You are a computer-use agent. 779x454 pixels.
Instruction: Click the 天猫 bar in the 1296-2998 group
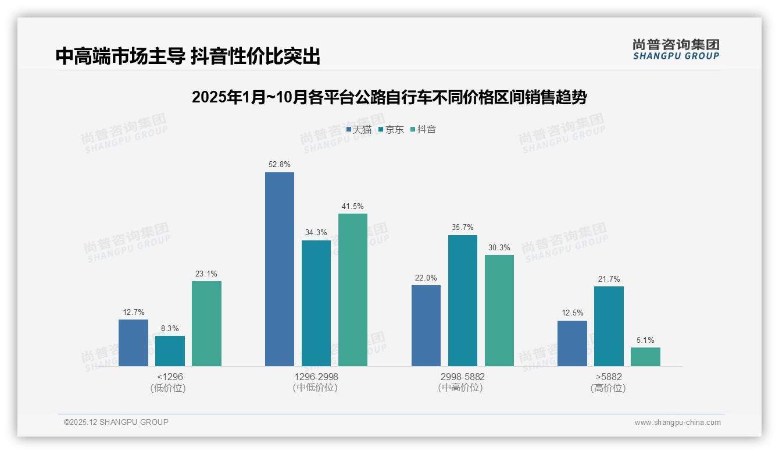[280, 269]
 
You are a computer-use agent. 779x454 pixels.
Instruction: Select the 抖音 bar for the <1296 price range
[206, 324]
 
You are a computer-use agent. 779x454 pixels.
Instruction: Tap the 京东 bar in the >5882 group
[609, 326]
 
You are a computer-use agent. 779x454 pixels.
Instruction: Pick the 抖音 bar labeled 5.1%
[645, 357]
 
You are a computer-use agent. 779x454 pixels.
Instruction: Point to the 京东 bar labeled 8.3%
[170, 351]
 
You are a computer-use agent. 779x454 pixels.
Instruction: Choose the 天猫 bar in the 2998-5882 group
[426, 325]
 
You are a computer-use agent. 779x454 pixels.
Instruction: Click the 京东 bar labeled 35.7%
[462, 300]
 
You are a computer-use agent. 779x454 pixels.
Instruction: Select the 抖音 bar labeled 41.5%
[353, 290]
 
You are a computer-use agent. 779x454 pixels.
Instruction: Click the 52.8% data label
[279, 165]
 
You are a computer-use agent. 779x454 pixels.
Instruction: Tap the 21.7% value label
[609, 279]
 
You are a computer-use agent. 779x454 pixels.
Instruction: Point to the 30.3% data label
[499, 248]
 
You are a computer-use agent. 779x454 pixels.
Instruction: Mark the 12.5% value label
[572, 313]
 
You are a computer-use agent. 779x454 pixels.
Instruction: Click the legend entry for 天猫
[359, 129]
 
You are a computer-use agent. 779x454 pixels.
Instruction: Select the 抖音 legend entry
[423, 129]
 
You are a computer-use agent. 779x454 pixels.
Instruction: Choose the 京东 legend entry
[391, 129]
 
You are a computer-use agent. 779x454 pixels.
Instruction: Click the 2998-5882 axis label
[462, 377]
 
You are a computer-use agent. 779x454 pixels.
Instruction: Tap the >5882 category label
[608, 377]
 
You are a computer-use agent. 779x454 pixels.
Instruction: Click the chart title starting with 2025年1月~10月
[389, 97]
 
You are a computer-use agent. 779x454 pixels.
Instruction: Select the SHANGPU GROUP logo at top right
[676, 49]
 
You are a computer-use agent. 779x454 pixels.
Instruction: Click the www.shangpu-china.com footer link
[677, 423]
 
